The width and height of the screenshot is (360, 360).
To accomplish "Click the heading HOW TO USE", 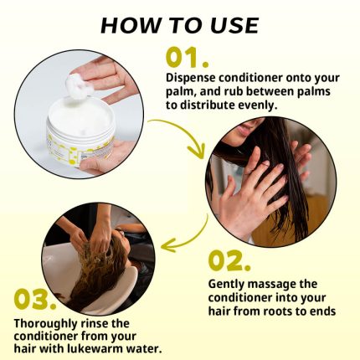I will [179, 23].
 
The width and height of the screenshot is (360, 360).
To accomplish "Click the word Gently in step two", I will [227, 283].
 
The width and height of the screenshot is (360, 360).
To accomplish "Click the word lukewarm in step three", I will [116, 347].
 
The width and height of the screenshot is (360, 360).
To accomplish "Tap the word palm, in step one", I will [184, 92].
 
